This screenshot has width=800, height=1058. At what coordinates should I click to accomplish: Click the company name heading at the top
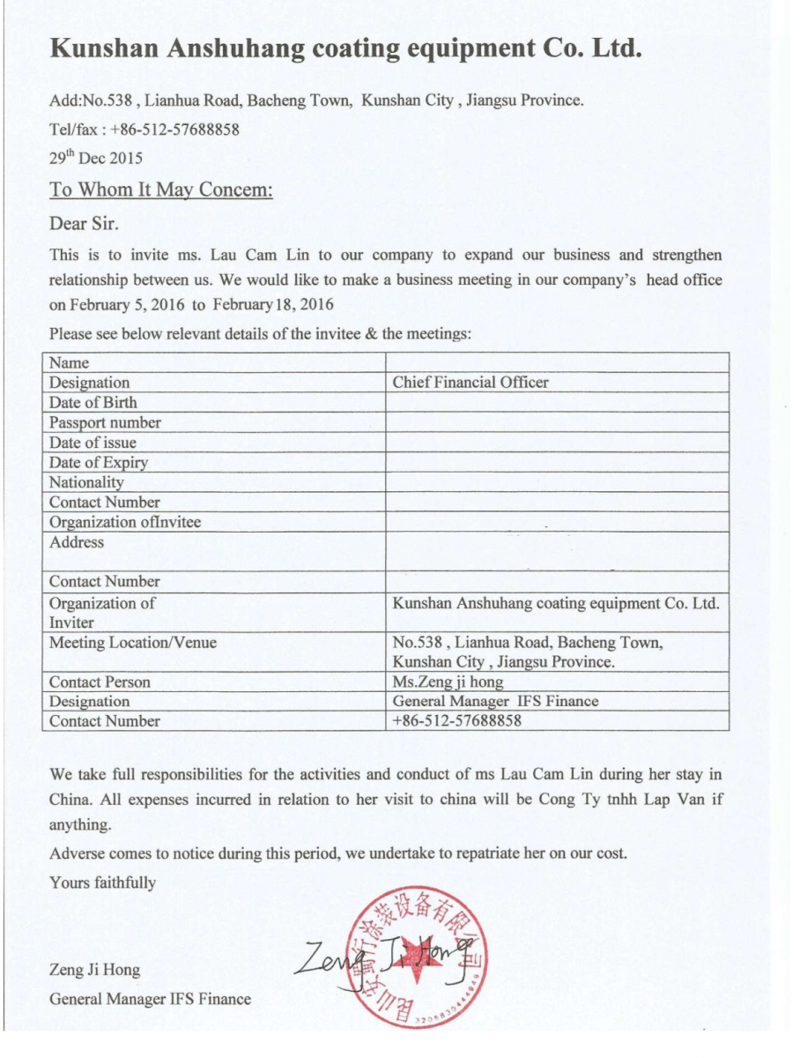coord(344,48)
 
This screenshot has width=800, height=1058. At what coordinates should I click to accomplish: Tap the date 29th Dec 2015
coord(96,159)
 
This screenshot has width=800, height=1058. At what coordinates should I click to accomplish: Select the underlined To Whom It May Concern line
coord(161,190)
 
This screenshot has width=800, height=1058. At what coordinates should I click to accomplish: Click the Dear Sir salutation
coord(84,222)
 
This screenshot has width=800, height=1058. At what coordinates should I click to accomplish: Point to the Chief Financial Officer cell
coord(470,383)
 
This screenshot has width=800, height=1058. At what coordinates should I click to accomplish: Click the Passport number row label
coord(105,422)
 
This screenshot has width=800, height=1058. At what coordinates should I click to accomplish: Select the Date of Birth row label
coord(93,402)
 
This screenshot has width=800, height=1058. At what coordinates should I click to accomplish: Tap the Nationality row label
coord(86,482)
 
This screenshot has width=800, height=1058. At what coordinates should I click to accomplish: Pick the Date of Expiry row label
coord(99,462)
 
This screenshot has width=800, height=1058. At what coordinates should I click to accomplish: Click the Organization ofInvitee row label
coord(125,522)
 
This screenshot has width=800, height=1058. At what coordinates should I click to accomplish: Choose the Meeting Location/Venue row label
coord(133,643)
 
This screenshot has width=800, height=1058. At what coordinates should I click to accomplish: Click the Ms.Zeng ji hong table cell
coord(448,682)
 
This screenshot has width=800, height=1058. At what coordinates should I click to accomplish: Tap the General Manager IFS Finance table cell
coord(495,702)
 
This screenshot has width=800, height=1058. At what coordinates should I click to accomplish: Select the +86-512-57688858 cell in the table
coord(457,721)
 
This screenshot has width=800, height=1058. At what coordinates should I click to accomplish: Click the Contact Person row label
coord(100,682)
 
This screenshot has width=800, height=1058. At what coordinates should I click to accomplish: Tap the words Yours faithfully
coord(103,883)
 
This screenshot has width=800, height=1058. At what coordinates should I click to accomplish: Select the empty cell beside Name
coord(557,362)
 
